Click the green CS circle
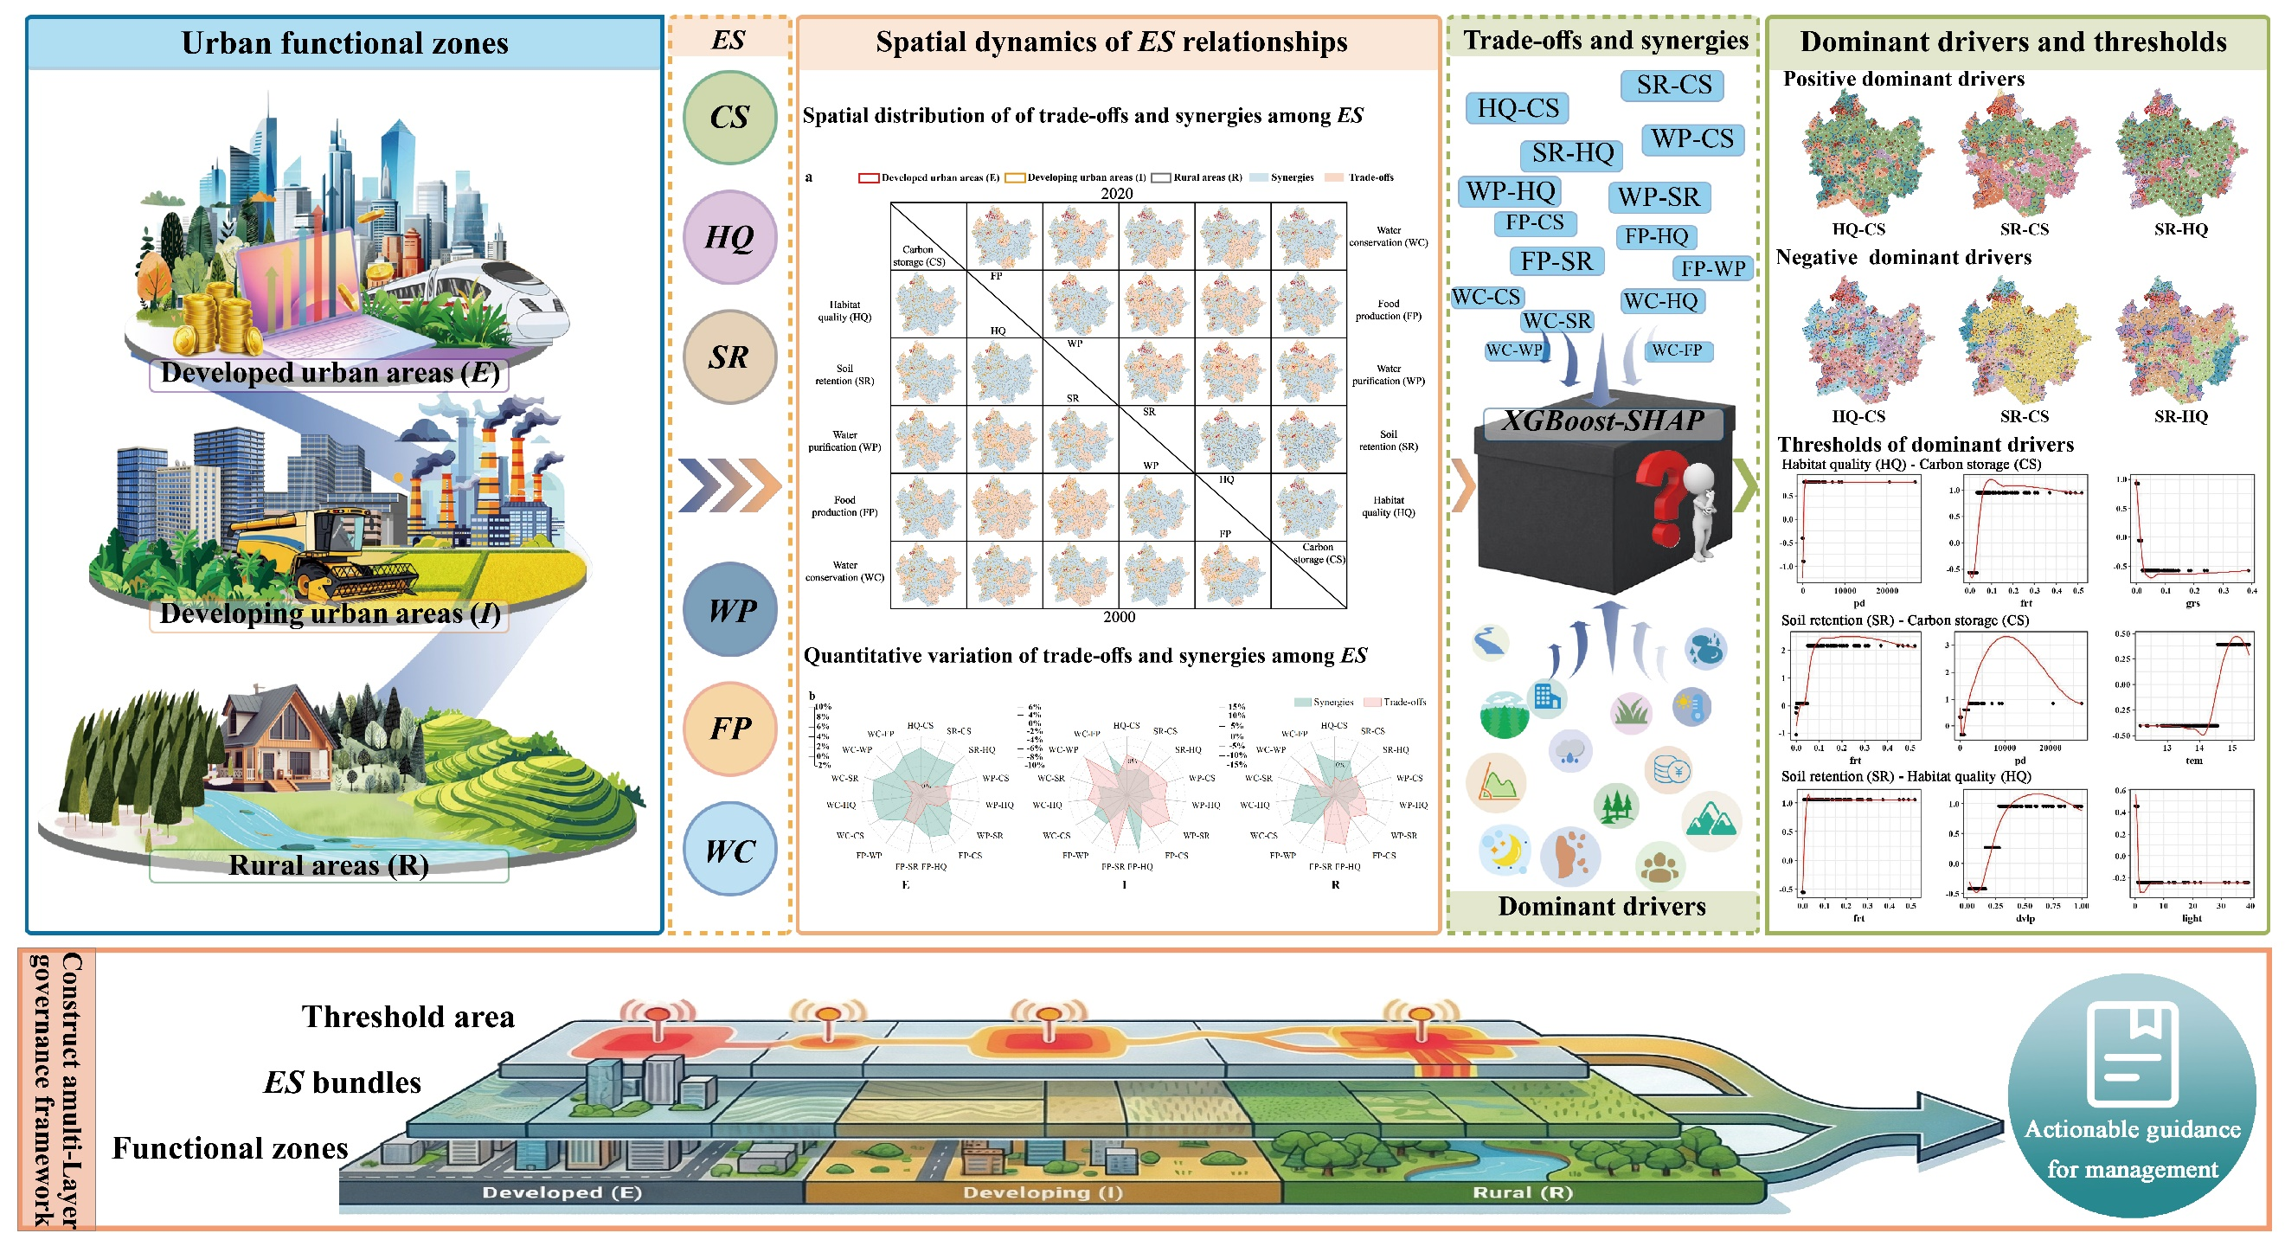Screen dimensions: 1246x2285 click(729, 117)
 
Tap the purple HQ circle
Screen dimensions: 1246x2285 click(729, 237)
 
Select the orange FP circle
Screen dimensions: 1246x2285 click(729, 728)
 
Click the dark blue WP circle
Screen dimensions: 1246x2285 click(729, 609)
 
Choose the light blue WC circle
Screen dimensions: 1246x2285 click(729, 851)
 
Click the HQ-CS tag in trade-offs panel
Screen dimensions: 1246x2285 click(1517, 108)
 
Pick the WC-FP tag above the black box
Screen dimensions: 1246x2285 click(1677, 350)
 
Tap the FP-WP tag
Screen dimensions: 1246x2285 click(1713, 268)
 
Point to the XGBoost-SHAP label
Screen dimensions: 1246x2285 click(1602, 421)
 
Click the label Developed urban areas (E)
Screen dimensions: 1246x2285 click(329, 372)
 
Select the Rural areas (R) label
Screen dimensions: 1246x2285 click(328, 864)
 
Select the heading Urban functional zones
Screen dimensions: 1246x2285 click(344, 42)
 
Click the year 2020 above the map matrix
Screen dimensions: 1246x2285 click(1116, 193)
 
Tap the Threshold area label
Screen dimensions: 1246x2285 click(408, 1017)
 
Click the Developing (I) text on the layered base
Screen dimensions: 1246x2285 click(1043, 1191)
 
